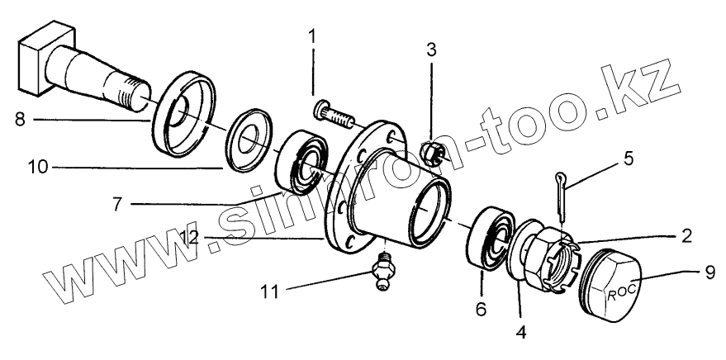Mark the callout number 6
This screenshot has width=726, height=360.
click(x=482, y=309)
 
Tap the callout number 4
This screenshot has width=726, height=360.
click(x=521, y=334)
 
